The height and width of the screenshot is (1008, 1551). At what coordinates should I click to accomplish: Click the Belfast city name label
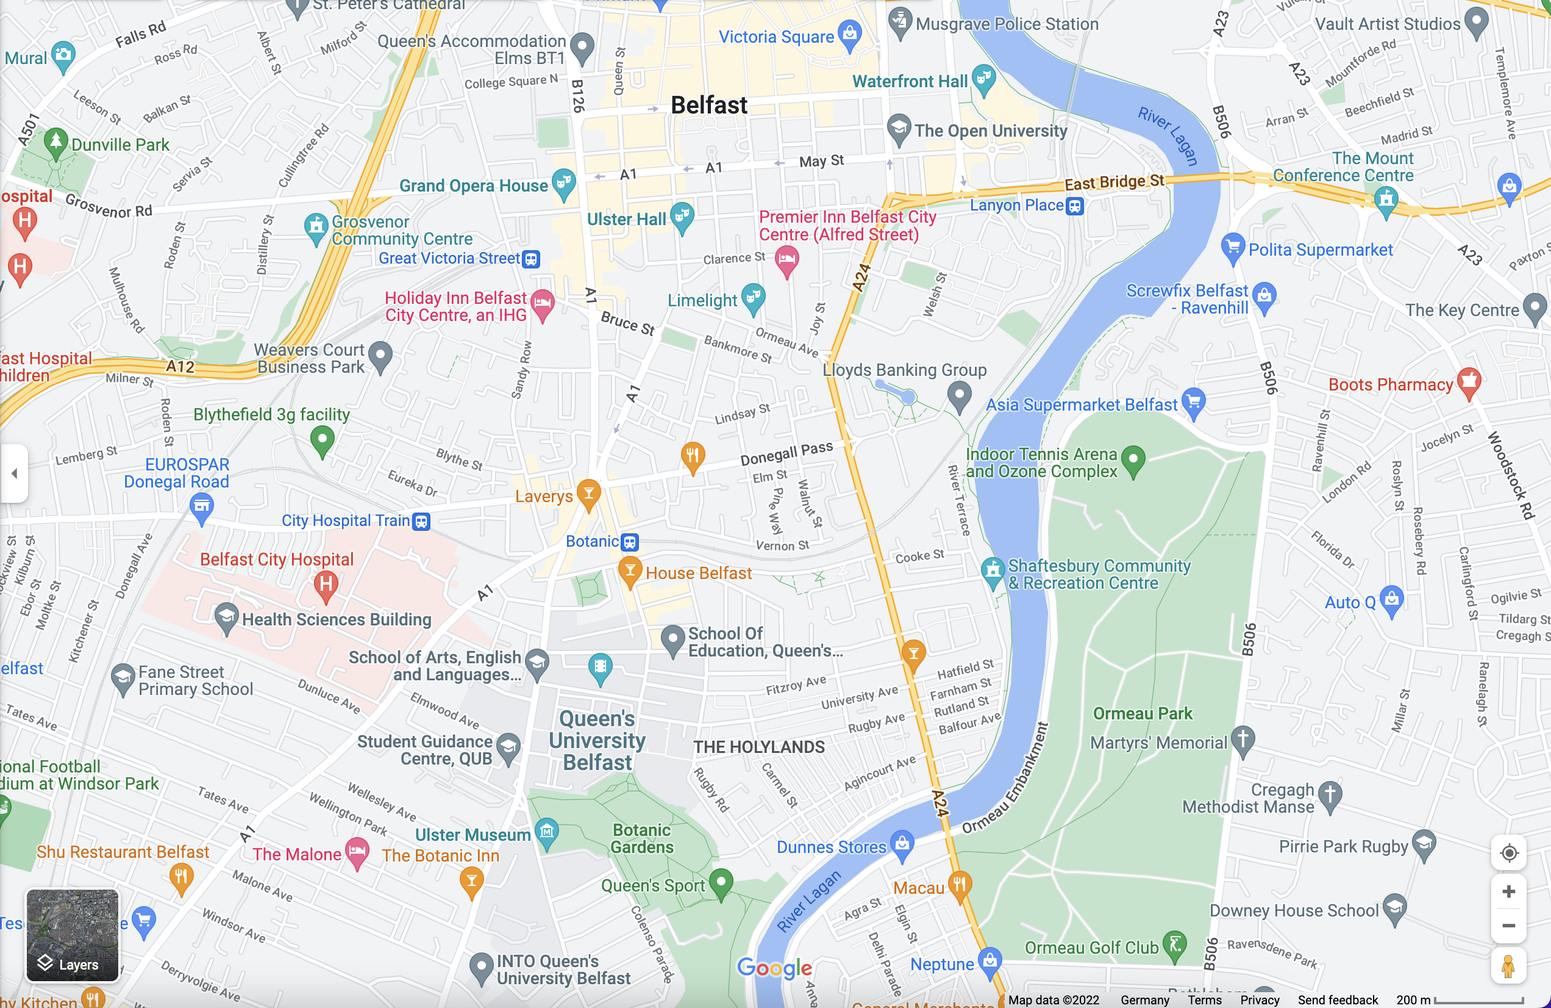708,106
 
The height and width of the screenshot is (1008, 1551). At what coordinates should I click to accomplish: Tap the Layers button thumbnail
73,935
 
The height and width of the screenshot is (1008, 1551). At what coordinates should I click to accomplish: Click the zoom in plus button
1508,891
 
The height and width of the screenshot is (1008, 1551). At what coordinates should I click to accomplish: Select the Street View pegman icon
1508,967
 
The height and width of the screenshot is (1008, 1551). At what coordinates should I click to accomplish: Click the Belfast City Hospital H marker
326,583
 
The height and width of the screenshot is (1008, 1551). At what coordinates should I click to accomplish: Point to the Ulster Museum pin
546,832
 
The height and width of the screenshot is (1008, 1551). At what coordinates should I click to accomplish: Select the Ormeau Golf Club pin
1175,945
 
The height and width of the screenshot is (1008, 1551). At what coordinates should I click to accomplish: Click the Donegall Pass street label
786,453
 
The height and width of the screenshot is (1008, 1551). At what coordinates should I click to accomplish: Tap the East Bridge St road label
1114,182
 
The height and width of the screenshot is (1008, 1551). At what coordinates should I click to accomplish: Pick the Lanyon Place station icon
1075,207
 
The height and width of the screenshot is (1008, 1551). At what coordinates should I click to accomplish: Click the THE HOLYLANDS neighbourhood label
758,747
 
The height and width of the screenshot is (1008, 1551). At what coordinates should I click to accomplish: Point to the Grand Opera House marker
563,182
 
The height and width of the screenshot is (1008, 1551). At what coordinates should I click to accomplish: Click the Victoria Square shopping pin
850,34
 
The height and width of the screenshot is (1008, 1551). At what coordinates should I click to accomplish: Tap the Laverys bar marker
588,494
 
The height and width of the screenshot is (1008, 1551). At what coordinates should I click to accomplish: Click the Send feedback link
1337,999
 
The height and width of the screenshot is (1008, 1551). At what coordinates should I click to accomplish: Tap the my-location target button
1508,853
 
